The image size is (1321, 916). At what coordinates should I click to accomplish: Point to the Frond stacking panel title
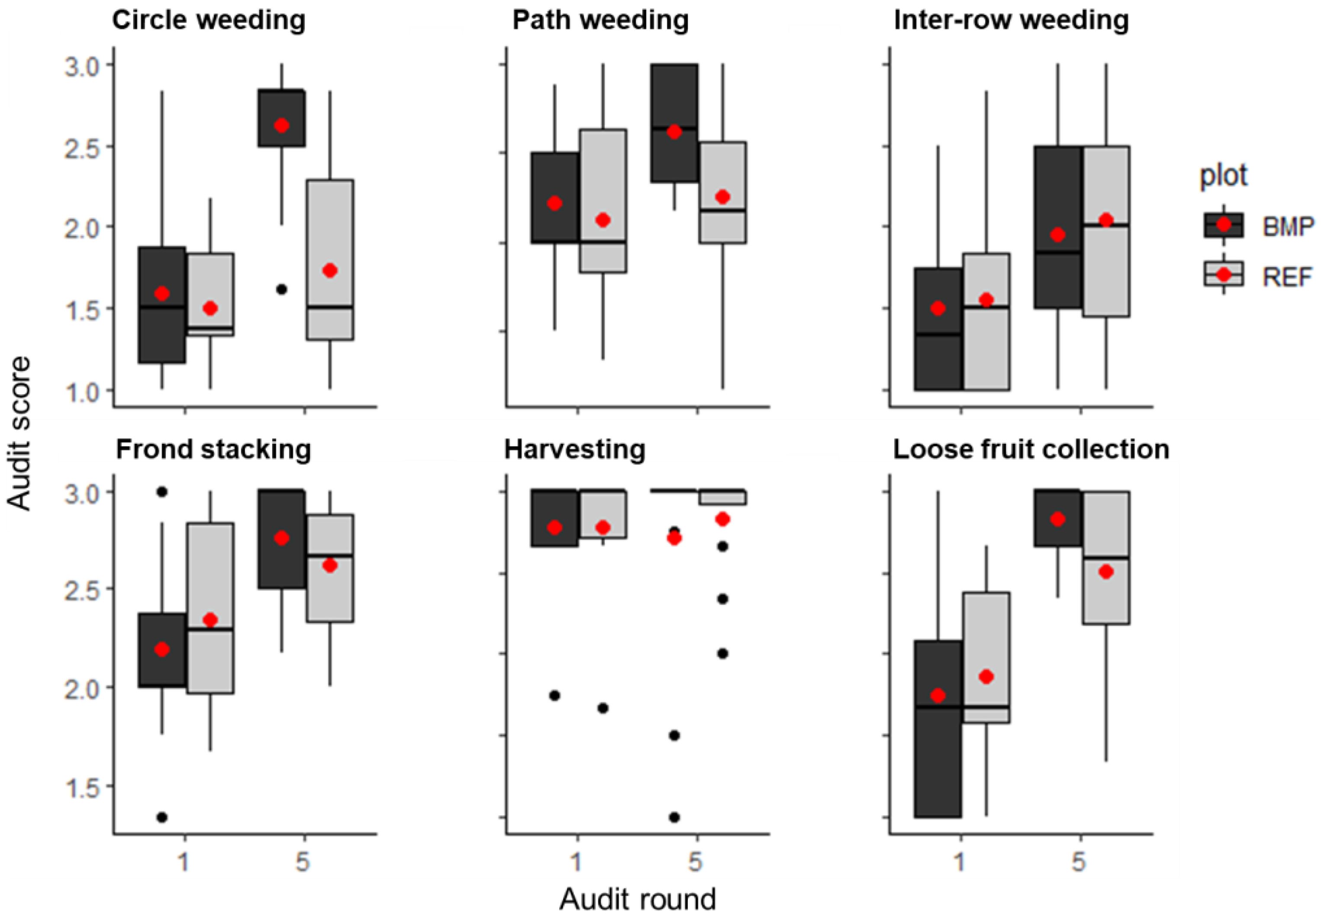213,450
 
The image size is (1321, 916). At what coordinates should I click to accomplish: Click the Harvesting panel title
575,450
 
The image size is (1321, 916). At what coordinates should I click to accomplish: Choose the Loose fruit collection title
1031,450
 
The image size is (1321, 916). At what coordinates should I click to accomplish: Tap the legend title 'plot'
1224,175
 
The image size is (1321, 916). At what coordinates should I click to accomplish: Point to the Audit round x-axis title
637,899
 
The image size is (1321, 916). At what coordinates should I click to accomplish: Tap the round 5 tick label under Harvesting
696,861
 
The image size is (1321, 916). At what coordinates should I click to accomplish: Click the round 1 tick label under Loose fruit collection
960,861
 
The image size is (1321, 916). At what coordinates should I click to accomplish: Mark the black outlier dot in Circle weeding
281,289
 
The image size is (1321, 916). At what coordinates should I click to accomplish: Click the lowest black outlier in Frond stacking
162,817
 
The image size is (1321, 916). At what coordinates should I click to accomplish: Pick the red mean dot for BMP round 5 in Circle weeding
281,125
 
